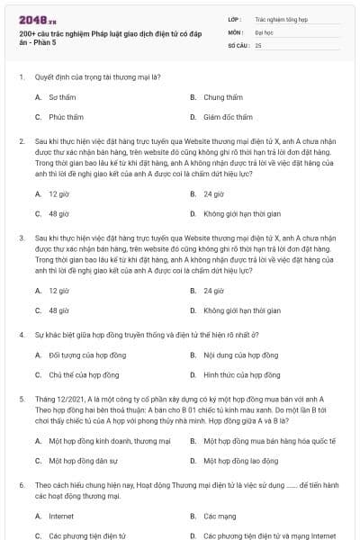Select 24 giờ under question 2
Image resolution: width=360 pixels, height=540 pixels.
(x=213, y=193)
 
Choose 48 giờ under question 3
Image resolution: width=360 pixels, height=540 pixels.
(x=58, y=310)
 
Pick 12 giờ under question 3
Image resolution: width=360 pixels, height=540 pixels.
(x=58, y=291)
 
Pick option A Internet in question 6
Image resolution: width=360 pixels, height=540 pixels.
(x=61, y=516)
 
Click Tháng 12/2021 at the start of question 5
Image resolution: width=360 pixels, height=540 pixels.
(x=55, y=397)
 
